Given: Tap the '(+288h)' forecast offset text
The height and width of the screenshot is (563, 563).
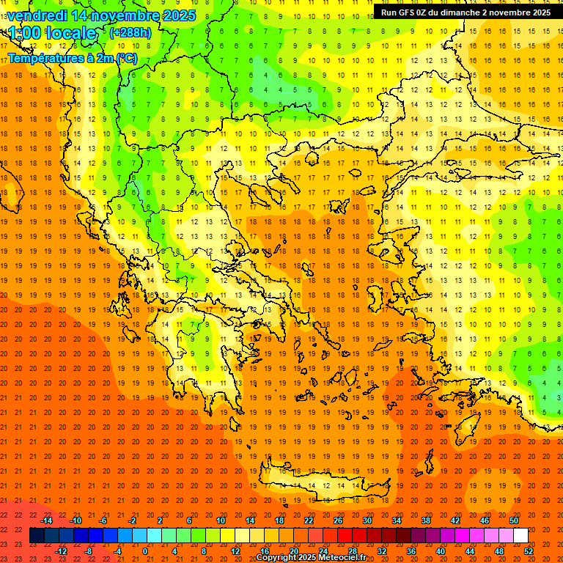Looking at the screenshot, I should [x=131, y=32].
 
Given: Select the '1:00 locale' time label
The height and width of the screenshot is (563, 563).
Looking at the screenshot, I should [x=53, y=33].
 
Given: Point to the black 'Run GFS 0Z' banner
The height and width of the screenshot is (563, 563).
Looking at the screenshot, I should [x=466, y=12].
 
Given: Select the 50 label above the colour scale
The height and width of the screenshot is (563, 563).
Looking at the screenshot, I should [x=513, y=520].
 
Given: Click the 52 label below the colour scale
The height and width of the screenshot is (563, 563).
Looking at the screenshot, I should [x=528, y=551].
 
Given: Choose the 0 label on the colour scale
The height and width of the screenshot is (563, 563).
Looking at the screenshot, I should [x=145, y=551].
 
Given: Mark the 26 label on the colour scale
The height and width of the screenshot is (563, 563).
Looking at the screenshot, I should [x=337, y=520].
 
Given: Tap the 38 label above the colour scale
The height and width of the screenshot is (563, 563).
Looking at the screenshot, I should [x=425, y=520].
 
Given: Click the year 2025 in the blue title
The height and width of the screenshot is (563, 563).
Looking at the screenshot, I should [x=180, y=15].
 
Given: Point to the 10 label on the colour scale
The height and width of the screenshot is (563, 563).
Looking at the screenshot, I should [x=220, y=520].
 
